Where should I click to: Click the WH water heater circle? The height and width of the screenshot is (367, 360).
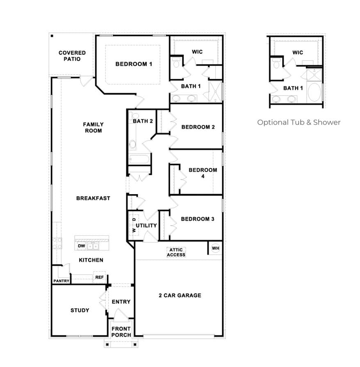[216, 248]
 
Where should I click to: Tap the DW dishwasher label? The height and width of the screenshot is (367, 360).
[81, 246]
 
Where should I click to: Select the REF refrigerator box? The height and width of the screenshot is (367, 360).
[99, 277]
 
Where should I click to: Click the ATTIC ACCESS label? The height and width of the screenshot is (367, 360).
[176, 252]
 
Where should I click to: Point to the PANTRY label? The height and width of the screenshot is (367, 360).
[61, 281]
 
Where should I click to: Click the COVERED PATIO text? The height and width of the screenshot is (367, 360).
[72, 56]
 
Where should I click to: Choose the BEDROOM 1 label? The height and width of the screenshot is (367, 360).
[134, 64]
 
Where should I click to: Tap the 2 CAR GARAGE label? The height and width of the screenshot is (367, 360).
[180, 296]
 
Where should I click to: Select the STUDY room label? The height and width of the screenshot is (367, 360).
[80, 310]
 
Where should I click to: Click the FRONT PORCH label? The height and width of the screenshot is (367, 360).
[121, 332]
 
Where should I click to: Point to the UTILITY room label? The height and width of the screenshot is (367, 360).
[146, 225]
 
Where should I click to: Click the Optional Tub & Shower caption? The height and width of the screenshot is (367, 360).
[299, 122]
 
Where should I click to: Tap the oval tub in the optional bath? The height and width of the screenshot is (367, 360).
[314, 92]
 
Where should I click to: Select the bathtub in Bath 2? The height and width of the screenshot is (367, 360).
[139, 159]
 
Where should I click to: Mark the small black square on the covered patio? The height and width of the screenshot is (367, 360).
[52, 36]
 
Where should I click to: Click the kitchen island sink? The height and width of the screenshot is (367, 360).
[93, 246]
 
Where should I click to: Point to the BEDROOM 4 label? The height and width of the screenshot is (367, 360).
[203, 173]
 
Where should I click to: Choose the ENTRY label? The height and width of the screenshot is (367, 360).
[121, 302]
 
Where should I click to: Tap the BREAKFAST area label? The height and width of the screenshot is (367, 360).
[93, 198]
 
